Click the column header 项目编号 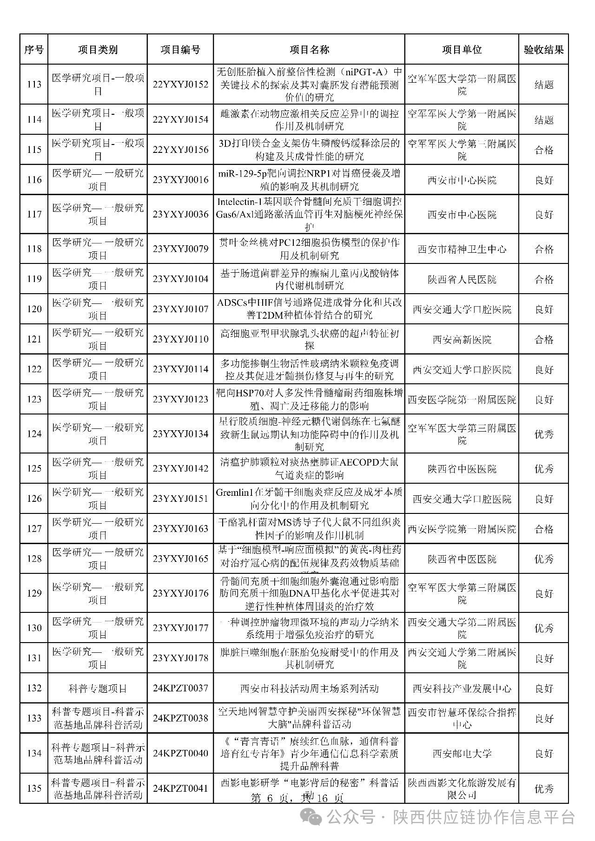[180, 50]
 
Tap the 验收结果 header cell [543, 50]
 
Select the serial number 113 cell [34, 85]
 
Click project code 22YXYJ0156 [180, 150]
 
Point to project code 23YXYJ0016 [180, 180]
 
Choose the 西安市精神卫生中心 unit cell [462, 249]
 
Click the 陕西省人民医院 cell [462, 279]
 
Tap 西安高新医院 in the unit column [462, 340]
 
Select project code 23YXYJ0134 [180, 434]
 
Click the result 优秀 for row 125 [543, 468]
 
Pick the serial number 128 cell [34, 558]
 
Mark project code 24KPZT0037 [180, 688]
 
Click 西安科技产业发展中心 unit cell [462, 688]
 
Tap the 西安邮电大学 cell [462, 753]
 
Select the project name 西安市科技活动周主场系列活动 [309, 688]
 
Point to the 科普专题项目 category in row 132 [98, 688]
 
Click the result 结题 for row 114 [543, 120]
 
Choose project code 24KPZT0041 [180, 788]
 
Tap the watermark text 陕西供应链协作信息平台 [484, 816]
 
